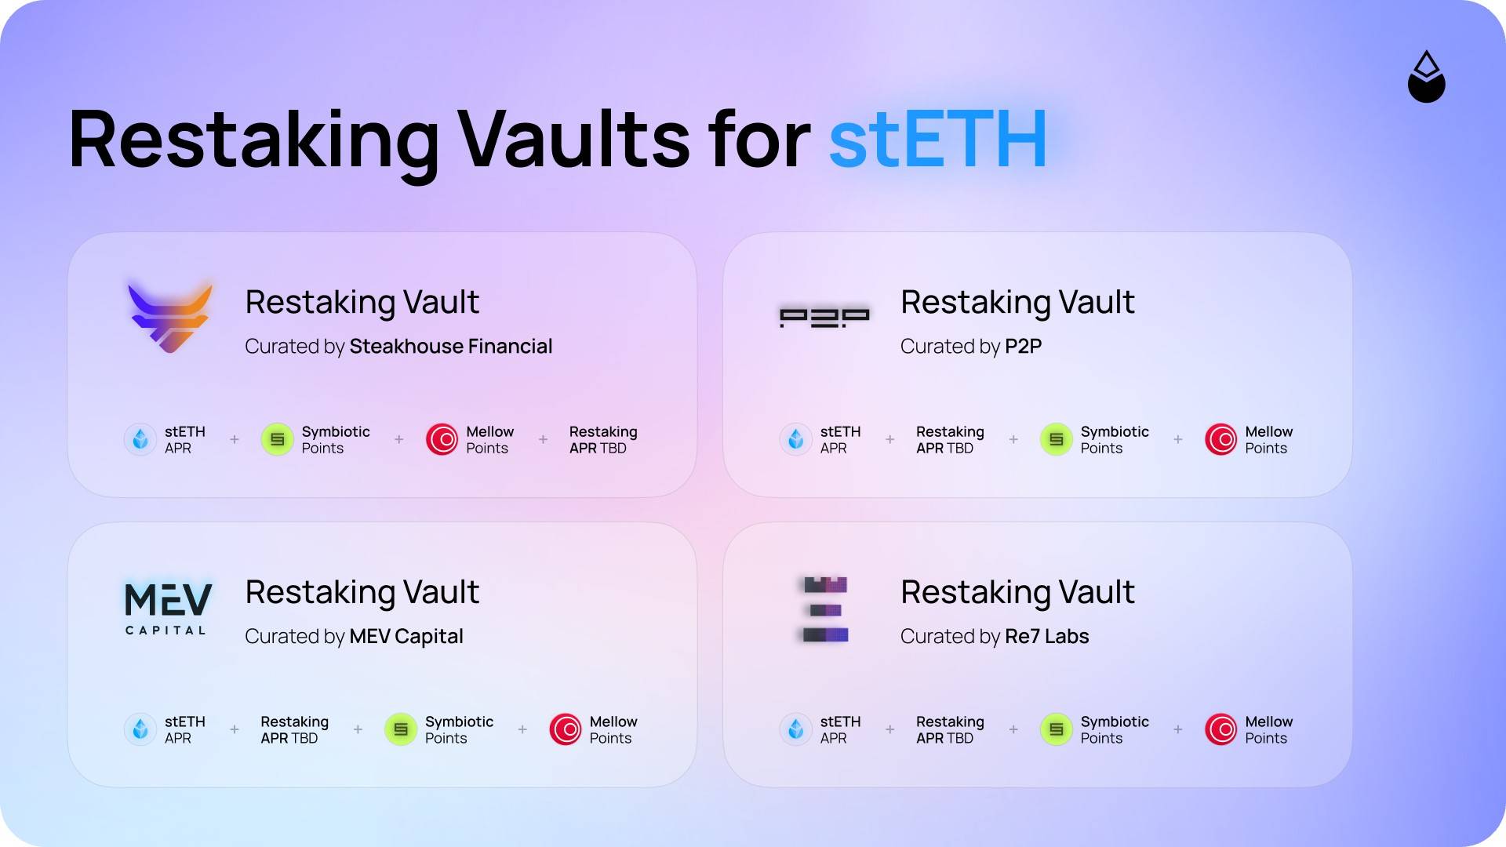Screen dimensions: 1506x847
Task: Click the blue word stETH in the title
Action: click(938, 140)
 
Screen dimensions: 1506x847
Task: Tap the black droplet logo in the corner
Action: click(1427, 77)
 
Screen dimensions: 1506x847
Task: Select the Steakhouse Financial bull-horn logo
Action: click(170, 317)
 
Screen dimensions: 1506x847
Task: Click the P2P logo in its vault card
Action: click(824, 318)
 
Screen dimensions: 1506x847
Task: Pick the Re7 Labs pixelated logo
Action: click(825, 609)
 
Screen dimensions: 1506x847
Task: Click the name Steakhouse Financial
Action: click(451, 346)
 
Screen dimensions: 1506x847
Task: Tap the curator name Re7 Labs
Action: click(1046, 636)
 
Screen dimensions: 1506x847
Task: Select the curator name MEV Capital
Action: click(406, 636)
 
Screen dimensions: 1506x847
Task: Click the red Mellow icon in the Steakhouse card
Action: click(442, 439)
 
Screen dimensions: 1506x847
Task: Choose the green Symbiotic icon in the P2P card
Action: click(1056, 439)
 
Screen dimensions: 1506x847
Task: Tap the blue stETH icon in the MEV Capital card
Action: click(140, 729)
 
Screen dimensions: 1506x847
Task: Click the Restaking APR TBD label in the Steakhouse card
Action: click(603, 440)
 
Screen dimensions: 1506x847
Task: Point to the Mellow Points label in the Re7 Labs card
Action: click(1268, 730)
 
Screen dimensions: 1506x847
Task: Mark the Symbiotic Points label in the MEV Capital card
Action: click(459, 730)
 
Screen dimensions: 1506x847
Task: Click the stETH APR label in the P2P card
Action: click(840, 440)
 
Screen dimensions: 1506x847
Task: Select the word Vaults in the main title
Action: click(573, 140)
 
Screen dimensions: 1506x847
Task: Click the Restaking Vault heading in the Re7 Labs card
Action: click(1017, 592)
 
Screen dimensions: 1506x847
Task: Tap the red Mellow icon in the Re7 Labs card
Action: click(1220, 729)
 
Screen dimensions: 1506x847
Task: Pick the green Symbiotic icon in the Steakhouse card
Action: click(277, 439)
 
